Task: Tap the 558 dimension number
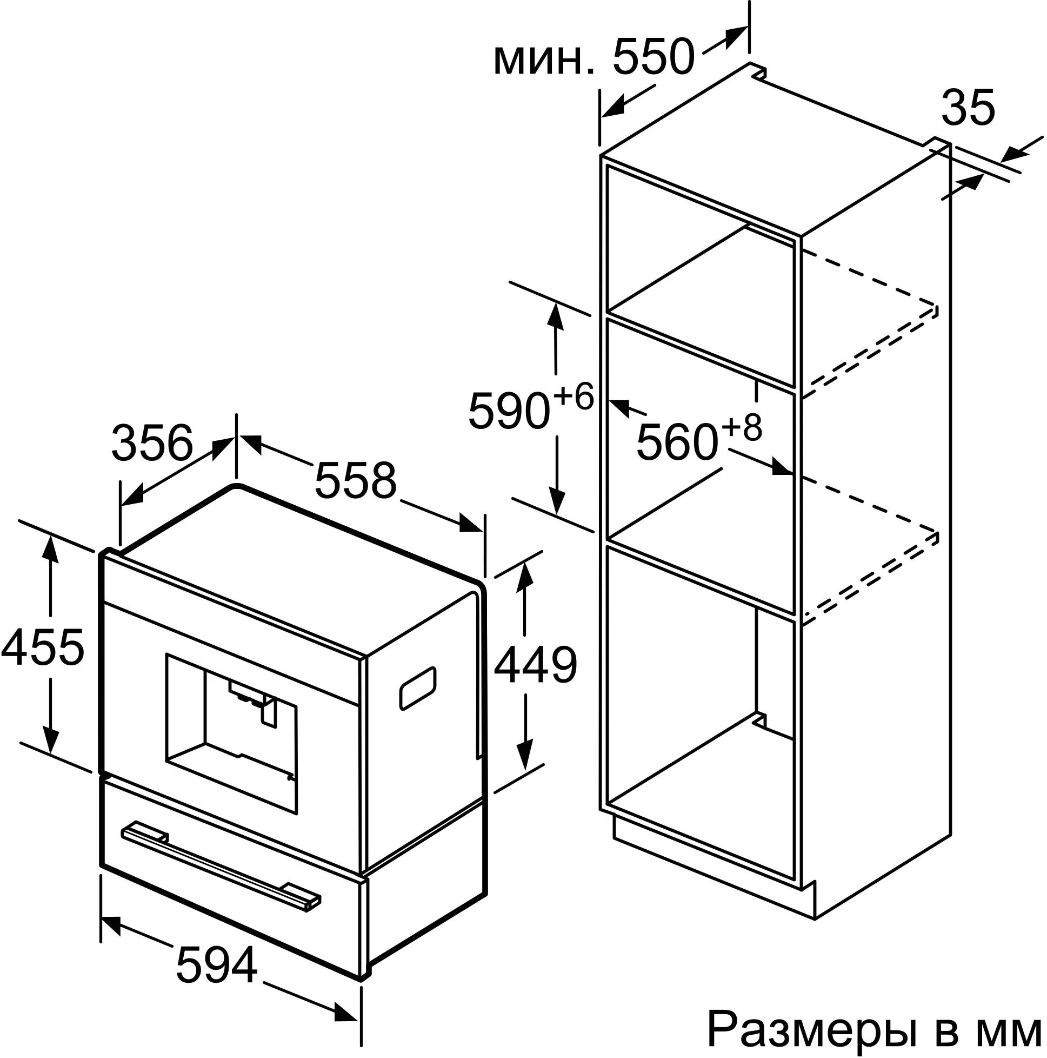coord(355,480)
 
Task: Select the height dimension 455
coord(43,648)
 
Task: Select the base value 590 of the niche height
coord(509,411)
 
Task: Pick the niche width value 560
coord(677,442)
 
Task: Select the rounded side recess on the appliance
coord(418,689)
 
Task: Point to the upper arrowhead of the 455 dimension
coord(51,548)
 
